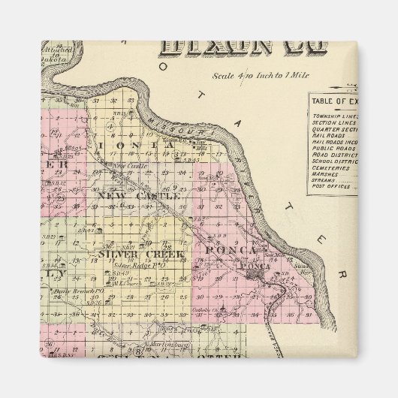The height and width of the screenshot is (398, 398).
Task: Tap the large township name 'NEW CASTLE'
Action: tap(138, 195)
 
